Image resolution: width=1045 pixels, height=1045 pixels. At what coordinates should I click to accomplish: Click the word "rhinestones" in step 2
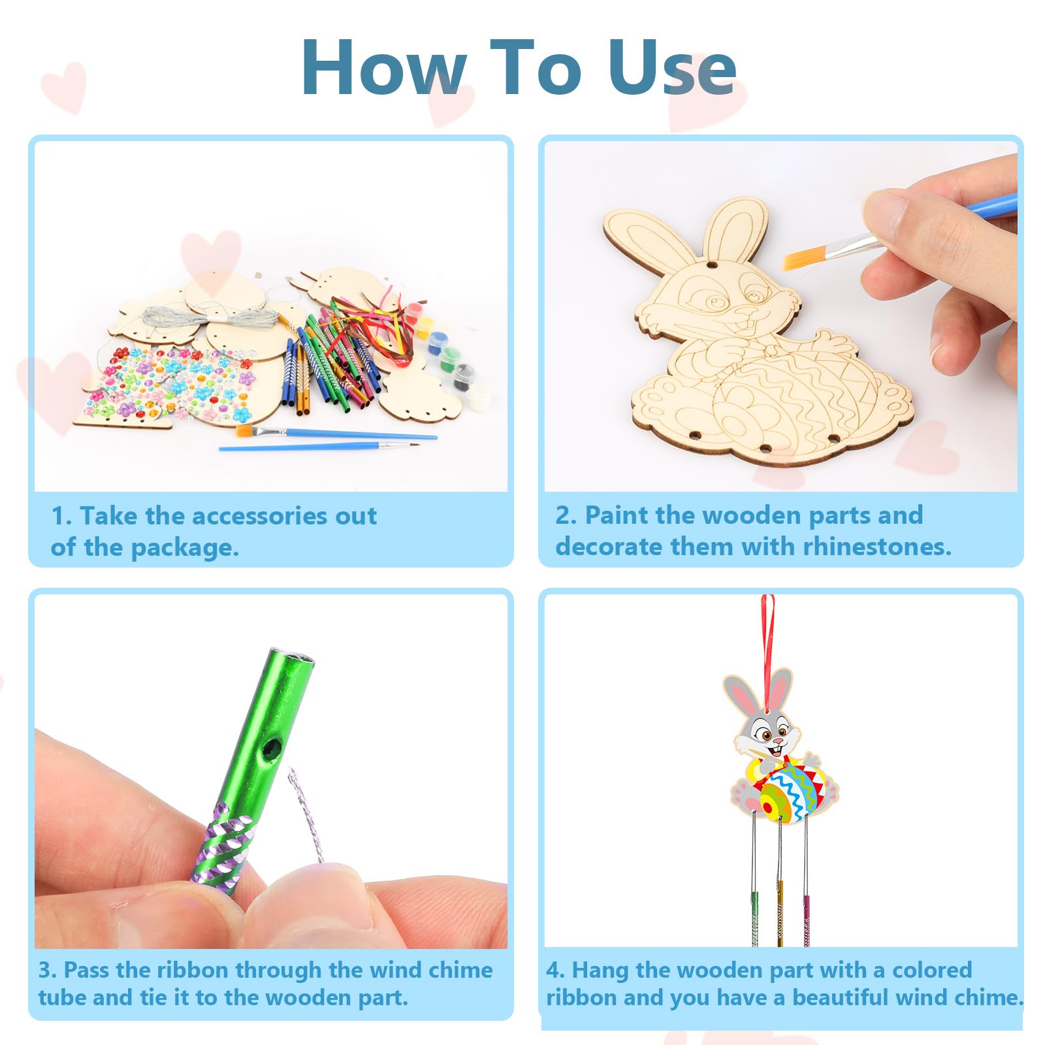pyautogui.click(x=875, y=547)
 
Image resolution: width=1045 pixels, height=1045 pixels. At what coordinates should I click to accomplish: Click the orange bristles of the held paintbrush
pyautogui.click(x=801, y=259)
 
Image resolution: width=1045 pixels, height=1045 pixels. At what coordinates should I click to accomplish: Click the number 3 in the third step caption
pyautogui.click(x=45, y=970)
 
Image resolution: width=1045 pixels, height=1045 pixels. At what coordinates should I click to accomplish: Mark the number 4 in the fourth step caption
pyautogui.click(x=553, y=970)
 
